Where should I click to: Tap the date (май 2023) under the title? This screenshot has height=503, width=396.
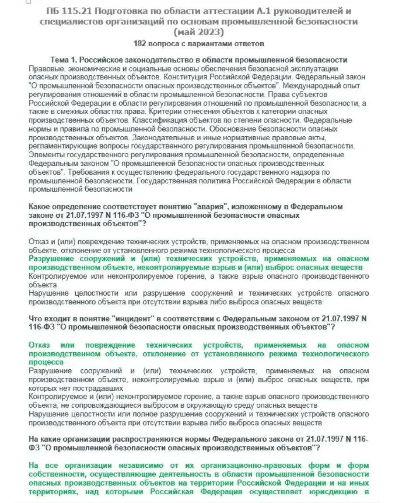(x=198, y=32)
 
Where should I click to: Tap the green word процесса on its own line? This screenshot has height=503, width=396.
(x=46, y=362)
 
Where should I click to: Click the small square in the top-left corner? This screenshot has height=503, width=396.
(x=28, y=2)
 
